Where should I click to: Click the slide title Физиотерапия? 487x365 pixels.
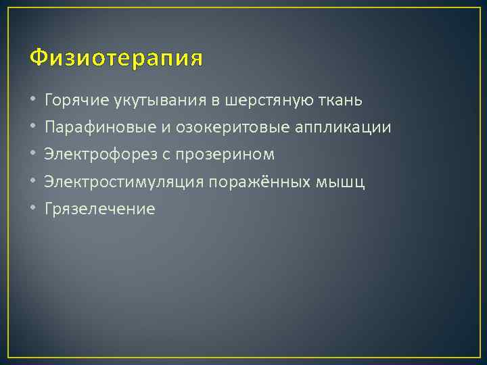pos(116,59)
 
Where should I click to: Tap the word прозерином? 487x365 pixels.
pos(232,155)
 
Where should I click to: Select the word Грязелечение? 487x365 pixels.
pos(99,210)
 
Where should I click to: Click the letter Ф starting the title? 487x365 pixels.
pos(38,58)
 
